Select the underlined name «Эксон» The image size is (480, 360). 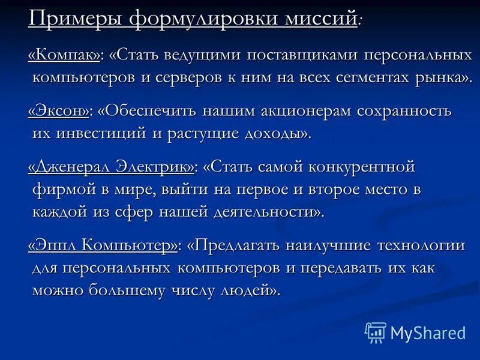59,112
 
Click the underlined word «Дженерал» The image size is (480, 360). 72,167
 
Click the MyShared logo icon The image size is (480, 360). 376,332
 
